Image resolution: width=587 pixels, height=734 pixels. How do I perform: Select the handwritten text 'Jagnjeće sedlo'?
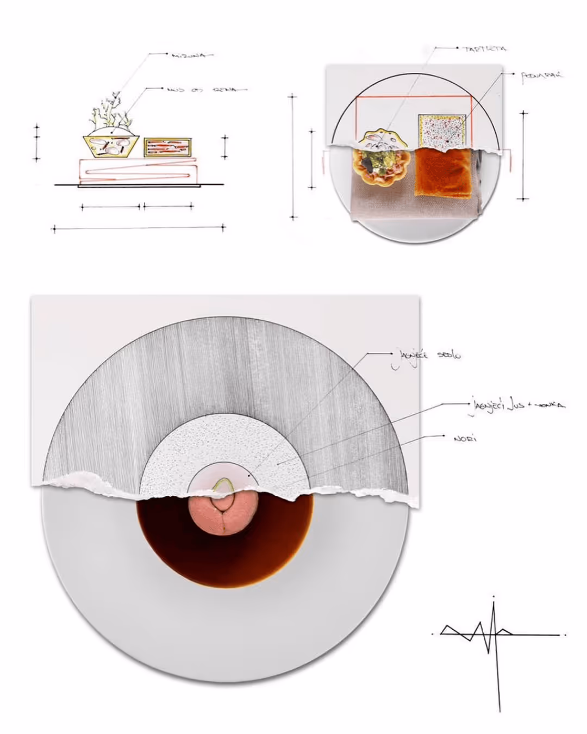pos(425,356)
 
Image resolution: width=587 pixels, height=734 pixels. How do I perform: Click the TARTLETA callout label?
pos(484,49)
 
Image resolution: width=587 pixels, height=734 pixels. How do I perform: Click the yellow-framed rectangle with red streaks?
pos(167,148)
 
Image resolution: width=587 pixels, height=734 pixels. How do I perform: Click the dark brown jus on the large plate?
pos(224,560)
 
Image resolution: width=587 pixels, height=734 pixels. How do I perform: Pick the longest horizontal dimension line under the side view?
pos(139,228)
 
